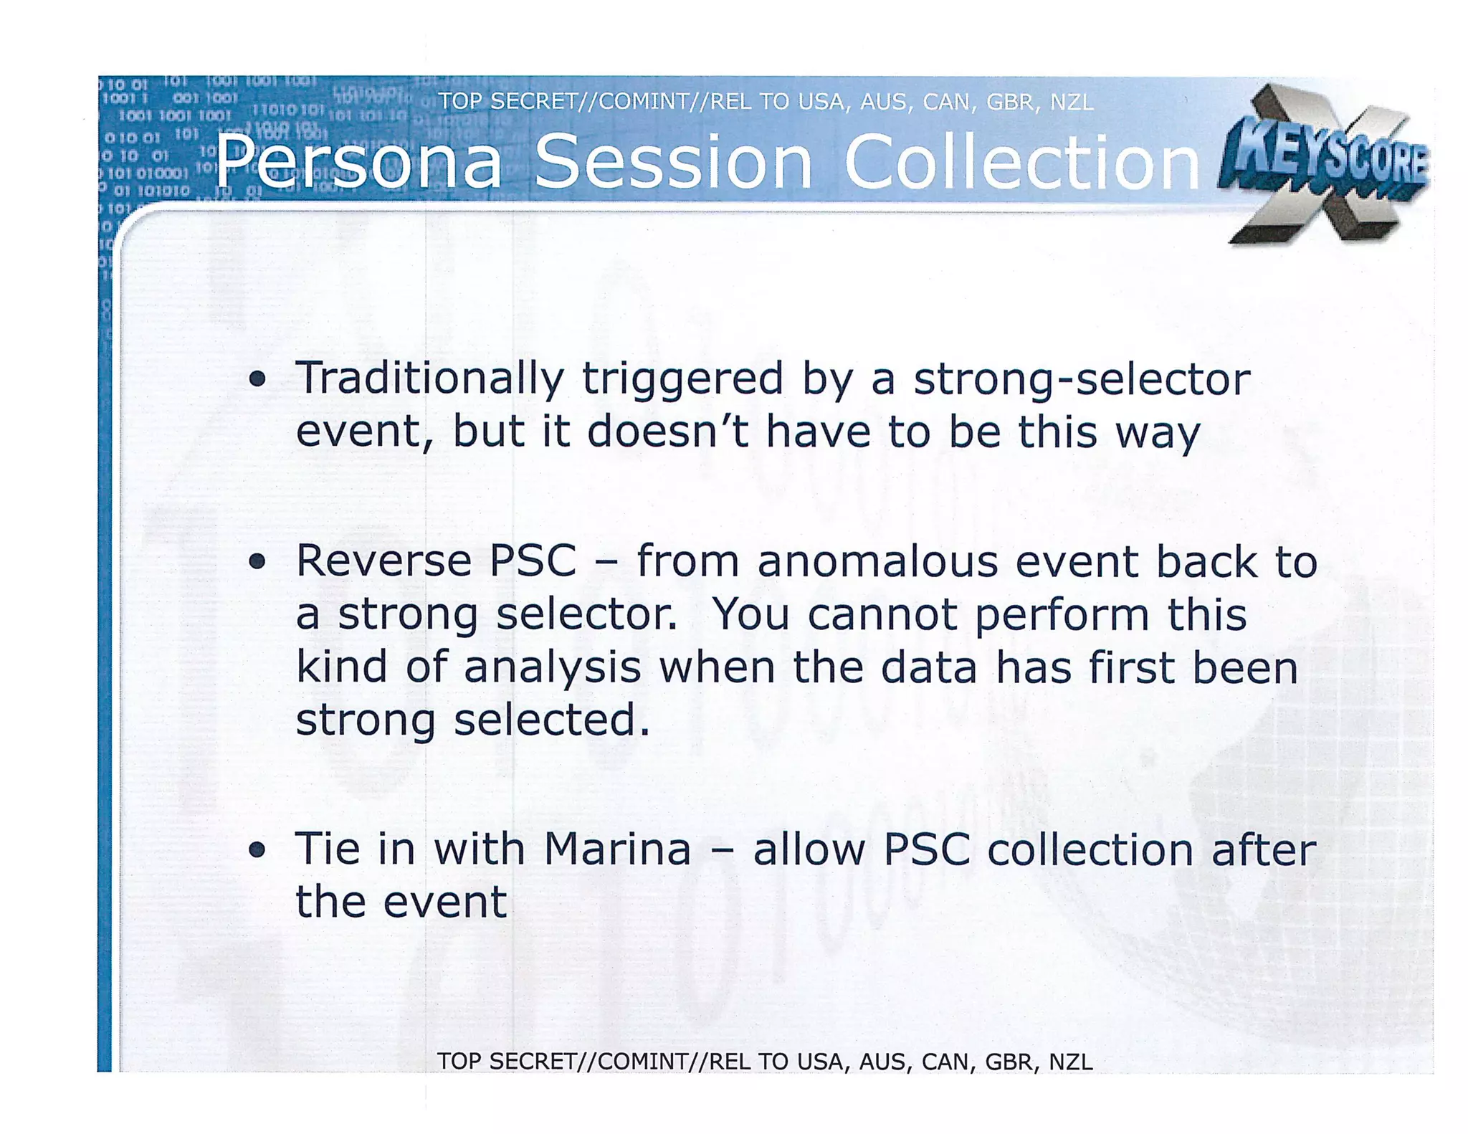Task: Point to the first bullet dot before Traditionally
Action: (257, 379)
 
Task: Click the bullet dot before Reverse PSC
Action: (257, 561)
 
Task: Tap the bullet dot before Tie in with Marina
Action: (257, 850)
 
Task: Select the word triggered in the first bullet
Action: (682, 379)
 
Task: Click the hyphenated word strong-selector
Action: (1082, 379)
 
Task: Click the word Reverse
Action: (383, 561)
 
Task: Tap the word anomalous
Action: (877, 561)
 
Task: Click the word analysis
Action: (552, 668)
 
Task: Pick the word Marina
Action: (616, 850)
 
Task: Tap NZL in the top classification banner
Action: (1072, 103)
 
